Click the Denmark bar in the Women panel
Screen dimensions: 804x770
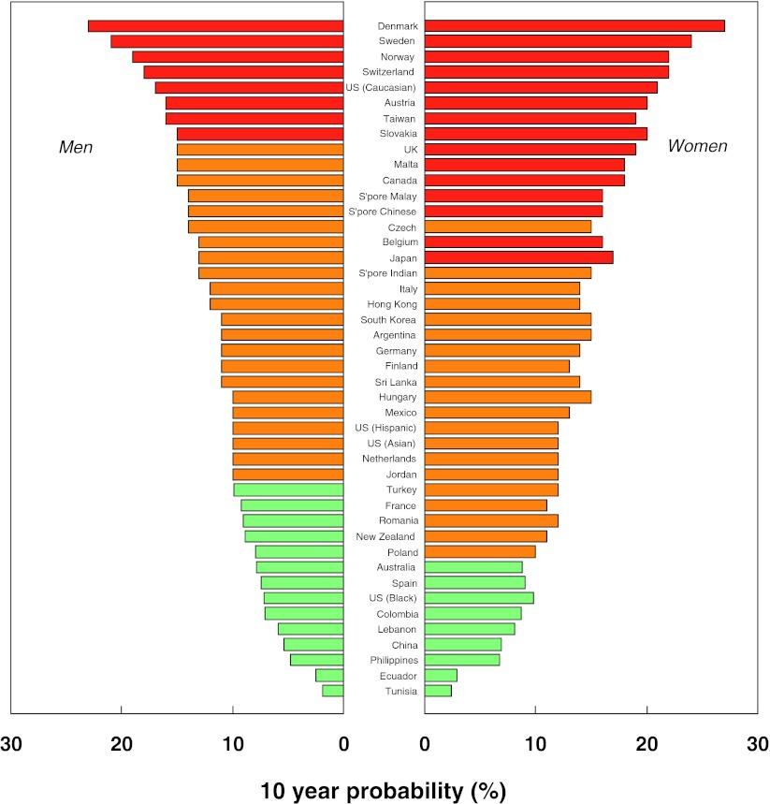tap(574, 25)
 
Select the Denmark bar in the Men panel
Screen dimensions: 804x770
tap(215, 25)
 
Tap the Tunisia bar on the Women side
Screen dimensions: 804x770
tap(438, 691)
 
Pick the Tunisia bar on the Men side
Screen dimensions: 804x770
tap(333, 691)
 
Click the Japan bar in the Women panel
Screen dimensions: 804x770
tap(519, 257)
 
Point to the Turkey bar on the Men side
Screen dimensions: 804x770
tap(288, 490)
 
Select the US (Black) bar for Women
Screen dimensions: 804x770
tap(479, 598)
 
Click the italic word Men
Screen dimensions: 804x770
tap(76, 148)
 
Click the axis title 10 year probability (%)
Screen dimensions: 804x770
tap(384, 790)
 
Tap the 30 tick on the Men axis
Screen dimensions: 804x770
tap(11, 744)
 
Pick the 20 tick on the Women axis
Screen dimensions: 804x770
tap(646, 744)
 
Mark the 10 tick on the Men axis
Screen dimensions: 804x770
tap(233, 744)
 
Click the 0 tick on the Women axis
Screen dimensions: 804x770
tap(425, 744)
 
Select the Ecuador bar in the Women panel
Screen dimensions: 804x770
tap(441, 675)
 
